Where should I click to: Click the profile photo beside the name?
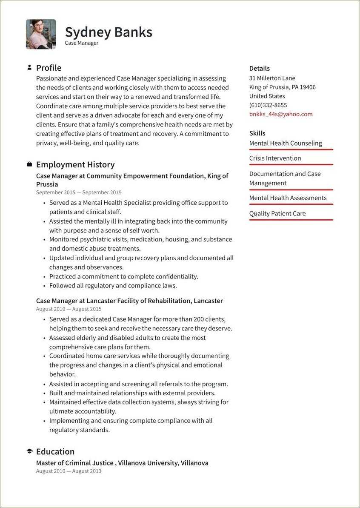tap(41, 34)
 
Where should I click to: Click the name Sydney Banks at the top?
tap(109, 32)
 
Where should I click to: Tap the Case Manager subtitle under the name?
tap(82, 43)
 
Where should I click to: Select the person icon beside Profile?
tap(29, 67)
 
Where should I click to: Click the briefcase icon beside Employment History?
tap(29, 164)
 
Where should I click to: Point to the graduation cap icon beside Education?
tap(29, 451)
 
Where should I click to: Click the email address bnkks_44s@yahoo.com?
tap(281, 114)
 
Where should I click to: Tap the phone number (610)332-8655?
tap(268, 105)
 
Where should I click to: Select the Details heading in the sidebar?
tap(260, 68)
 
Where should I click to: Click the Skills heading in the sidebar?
tap(257, 133)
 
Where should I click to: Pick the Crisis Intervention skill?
tap(275, 158)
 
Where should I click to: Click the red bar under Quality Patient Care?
tap(291, 220)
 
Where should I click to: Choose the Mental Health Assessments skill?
tap(288, 198)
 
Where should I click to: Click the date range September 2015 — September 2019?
tap(79, 192)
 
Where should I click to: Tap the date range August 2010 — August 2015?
tap(69, 309)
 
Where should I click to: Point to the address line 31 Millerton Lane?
tap(272, 78)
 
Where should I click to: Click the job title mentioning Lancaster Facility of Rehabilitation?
tap(129, 301)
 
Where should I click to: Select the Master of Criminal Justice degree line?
tap(122, 463)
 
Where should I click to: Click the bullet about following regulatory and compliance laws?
tap(113, 286)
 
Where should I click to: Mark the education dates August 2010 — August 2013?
tap(69, 471)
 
